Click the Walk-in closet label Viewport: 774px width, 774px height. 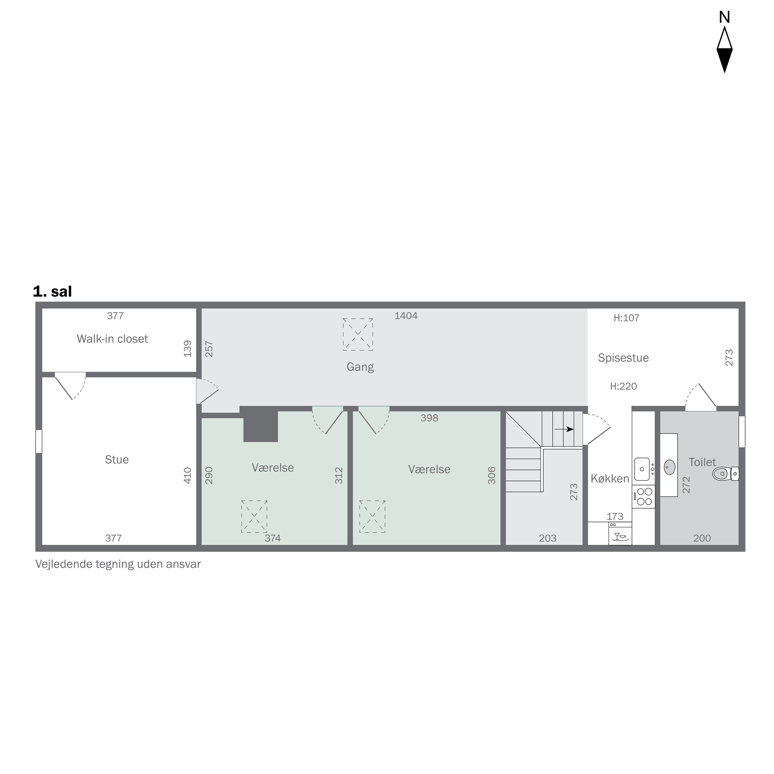tap(112, 339)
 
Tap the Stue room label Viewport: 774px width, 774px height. tap(117, 459)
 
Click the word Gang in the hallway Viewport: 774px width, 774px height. tap(360, 367)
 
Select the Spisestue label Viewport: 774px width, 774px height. tap(623, 358)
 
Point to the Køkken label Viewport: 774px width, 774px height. tap(609, 479)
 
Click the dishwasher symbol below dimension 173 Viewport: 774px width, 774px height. tap(620, 536)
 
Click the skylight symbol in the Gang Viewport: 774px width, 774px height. tap(358, 335)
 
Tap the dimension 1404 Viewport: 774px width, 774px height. tap(406, 316)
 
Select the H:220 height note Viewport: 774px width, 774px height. tap(623, 386)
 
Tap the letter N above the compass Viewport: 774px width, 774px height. tap(724, 17)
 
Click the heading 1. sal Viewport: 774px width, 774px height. tap(52, 292)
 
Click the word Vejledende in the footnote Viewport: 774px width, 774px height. tap(64, 564)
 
